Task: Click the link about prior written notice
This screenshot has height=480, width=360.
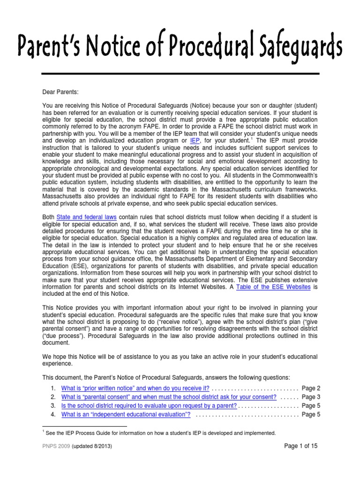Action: click(x=135, y=389)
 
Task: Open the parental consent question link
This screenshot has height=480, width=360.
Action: click(x=169, y=397)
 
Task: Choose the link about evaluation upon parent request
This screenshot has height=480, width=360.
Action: click(x=149, y=406)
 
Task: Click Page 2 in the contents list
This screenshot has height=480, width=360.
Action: click(x=311, y=389)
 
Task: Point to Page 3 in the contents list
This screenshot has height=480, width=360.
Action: click(x=311, y=397)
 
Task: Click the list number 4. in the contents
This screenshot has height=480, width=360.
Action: click(x=53, y=414)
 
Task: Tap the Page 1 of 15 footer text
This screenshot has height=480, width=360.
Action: click(x=301, y=446)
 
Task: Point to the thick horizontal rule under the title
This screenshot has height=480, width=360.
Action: click(x=180, y=74)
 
